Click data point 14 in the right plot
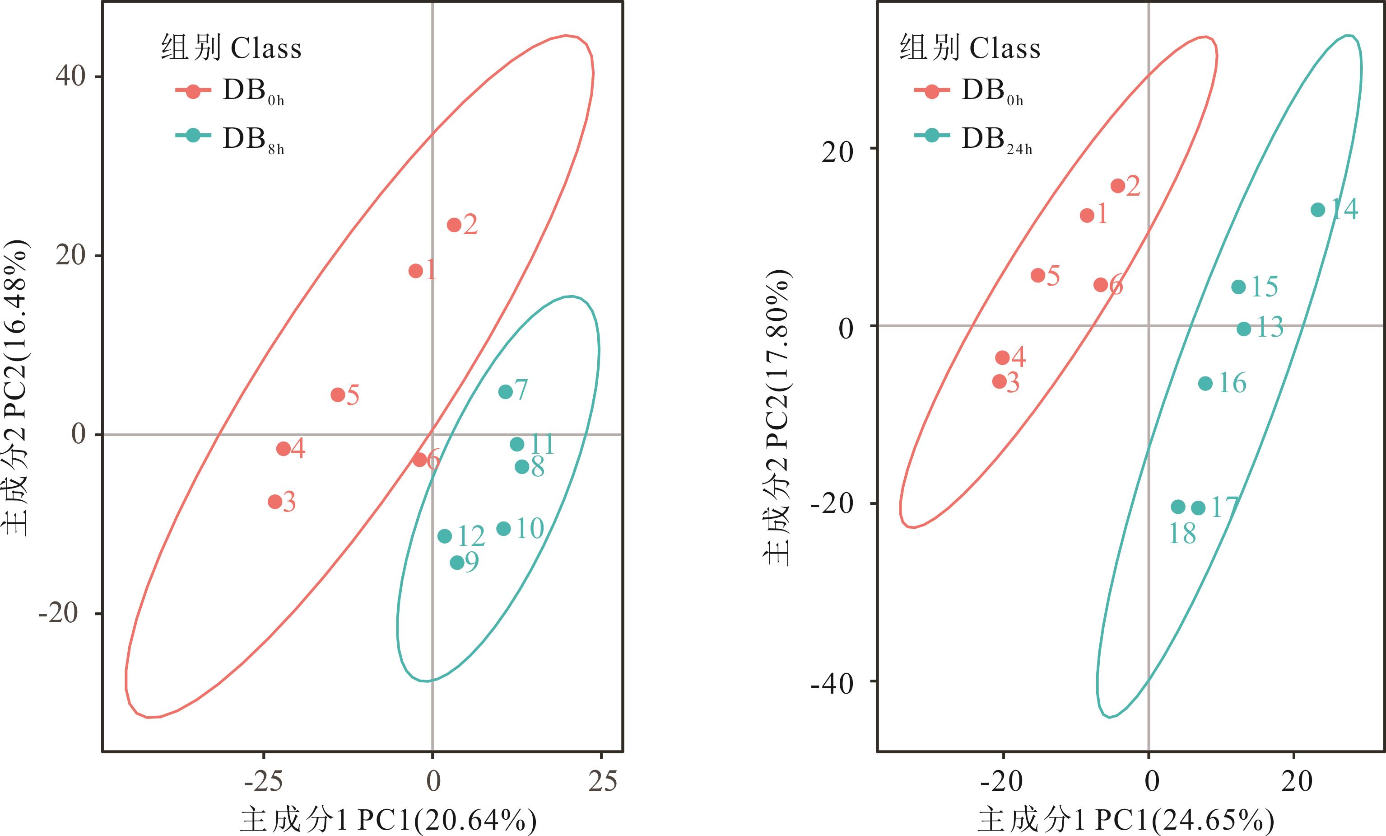tap(1318, 210)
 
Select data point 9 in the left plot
tap(457, 563)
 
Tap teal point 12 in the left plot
tap(444, 536)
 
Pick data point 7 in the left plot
tap(506, 392)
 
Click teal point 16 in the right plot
tap(1205, 383)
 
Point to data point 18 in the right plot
tap(1178, 507)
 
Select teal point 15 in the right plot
tap(1239, 287)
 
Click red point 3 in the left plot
tap(275, 502)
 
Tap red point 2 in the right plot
tap(1118, 186)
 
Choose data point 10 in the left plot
tap(503, 529)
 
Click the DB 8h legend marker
tap(193, 136)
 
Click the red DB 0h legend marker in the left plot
tap(193, 91)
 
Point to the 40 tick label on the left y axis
tap(70, 75)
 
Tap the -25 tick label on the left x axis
tap(263, 781)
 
